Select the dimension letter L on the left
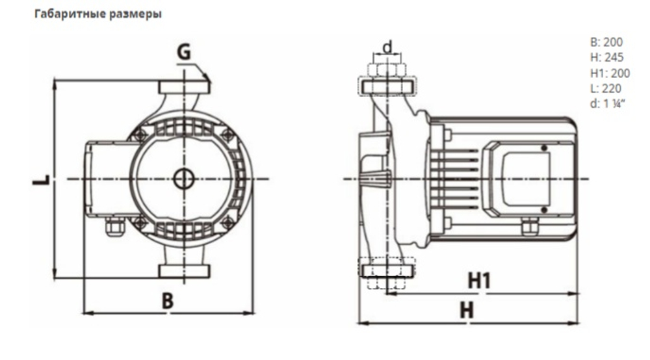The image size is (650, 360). click(40, 178)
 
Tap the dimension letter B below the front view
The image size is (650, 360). click(168, 300)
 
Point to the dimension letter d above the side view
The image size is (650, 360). click(387, 47)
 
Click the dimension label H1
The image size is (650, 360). click(480, 281)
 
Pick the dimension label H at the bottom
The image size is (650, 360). click(466, 311)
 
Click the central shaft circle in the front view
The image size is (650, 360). click(184, 178)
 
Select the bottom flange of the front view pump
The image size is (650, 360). click(185, 272)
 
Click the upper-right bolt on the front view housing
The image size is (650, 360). click(227, 135)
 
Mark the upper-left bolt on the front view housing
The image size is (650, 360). click(138, 135)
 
